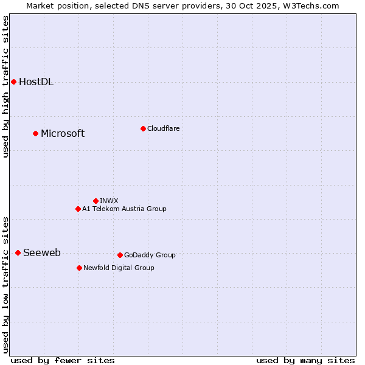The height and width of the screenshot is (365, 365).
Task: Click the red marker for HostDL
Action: [13, 82]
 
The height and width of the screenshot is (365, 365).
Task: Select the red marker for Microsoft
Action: [35, 133]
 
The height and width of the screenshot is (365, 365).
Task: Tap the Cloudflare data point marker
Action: [143, 128]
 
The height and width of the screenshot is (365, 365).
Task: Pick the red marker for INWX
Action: [96, 201]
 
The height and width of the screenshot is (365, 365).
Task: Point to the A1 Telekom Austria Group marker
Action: [78, 209]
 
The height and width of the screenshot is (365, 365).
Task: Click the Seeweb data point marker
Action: [18, 252]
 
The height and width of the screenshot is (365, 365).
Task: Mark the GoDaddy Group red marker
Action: [120, 255]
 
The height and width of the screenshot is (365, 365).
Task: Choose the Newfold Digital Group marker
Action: [79, 268]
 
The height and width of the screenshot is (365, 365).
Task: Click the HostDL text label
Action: [36, 82]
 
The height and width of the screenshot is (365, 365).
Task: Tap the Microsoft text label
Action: [63, 134]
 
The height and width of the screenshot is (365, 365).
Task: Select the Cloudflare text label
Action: [163, 128]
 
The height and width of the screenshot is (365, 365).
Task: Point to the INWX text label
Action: [109, 201]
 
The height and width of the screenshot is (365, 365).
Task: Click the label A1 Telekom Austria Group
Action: [124, 209]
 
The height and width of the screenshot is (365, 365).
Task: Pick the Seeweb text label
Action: [42, 253]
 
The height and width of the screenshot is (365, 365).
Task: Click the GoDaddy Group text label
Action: [150, 255]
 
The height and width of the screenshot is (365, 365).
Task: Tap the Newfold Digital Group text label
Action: [119, 268]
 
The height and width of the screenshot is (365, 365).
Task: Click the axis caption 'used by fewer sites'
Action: [63, 360]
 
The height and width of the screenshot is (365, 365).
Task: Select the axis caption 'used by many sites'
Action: [305, 360]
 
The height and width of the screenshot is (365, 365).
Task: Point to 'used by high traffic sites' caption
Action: [6, 87]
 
